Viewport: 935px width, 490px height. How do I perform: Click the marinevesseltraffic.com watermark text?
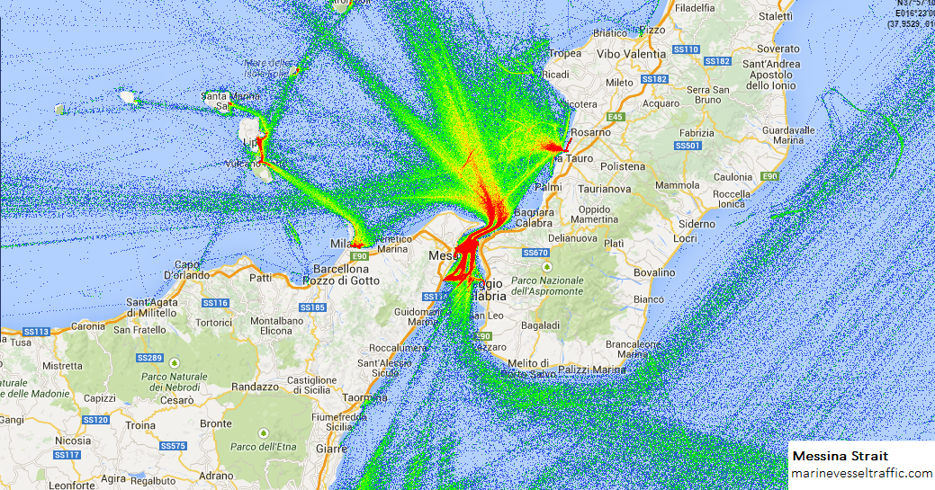click(861, 473)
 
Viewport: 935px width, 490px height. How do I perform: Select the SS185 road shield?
click(312, 307)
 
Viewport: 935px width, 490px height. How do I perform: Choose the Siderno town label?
click(697, 224)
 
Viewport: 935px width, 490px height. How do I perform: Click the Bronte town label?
click(215, 423)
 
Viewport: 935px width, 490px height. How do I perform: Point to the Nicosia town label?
click(72, 441)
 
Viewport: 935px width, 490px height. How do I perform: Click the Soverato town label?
click(778, 49)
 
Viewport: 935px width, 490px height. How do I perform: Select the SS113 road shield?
click(35, 332)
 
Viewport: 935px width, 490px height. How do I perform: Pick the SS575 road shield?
click(173, 446)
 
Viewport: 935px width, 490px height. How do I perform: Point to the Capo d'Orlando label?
click(185, 269)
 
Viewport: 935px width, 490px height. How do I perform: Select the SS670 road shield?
click(535, 253)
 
